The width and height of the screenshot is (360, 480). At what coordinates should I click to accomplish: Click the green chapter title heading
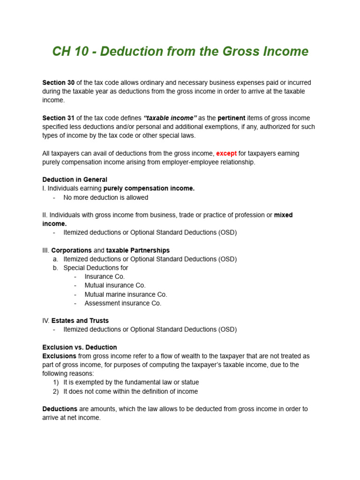coord(180,52)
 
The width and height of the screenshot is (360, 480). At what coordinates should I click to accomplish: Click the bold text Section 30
coord(58,82)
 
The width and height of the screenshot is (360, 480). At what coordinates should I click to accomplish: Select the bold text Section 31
coord(58,118)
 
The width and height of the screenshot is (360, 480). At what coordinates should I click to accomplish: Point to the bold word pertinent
coord(232,118)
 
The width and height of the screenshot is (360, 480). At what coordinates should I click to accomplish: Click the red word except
coord(226,153)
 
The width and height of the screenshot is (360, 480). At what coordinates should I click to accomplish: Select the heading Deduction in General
coord(75,180)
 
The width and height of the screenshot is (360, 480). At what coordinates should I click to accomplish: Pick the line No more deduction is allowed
coord(105,197)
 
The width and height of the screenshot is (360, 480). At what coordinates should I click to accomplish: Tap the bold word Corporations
coord(71,250)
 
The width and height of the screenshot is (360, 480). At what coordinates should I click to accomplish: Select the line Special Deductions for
coord(96,268)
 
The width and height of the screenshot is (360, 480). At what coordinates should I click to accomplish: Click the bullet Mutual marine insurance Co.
coord(126,294)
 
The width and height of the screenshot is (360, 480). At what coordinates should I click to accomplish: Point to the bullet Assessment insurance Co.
coord(123,303)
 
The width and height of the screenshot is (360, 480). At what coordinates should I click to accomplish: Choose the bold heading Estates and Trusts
coord(80,321)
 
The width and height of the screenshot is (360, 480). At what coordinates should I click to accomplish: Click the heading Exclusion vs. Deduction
coord(80,347)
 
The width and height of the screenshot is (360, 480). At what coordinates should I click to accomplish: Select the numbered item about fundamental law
coord(131,382)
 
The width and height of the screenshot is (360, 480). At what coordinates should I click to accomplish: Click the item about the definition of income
coord(130,391)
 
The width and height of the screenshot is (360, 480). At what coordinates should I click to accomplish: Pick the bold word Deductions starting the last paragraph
coord(60,409)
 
